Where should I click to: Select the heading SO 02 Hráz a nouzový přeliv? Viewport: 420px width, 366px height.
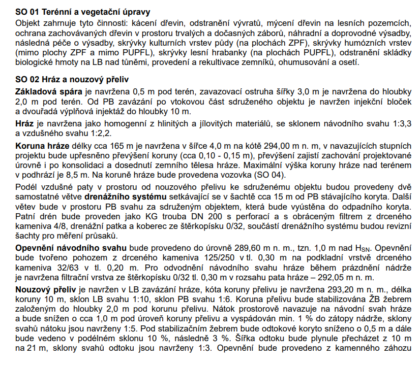(x=72, y=79)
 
